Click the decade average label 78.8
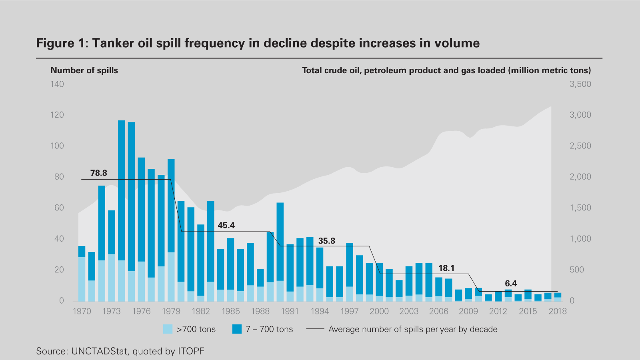point(98,173)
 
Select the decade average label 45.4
point(226,226)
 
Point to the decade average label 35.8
point(326,241)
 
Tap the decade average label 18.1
point(446,268)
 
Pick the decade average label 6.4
point(510,284)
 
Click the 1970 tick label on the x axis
point(82,311)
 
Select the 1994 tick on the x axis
point(320,311)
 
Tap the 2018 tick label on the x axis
point(558,311)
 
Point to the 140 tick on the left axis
point(57,84)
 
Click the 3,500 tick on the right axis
point(580,84)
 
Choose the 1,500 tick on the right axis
point(580,208)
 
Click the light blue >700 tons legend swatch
point(168,329)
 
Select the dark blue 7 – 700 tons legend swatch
point(237,329)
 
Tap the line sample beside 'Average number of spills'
point(315,329)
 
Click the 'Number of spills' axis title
point(84,70)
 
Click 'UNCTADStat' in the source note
point(100,351)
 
